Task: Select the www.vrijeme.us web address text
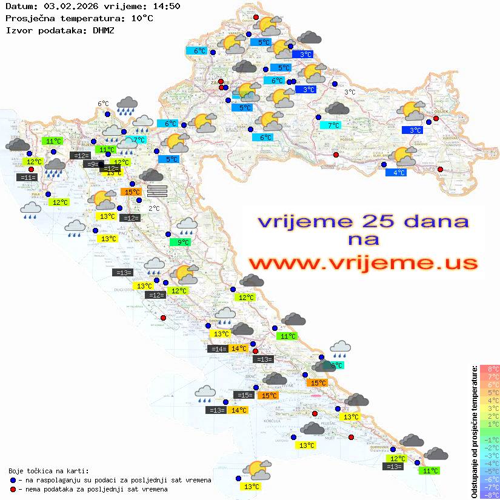click(x=363, y=263)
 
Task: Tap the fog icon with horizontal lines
click(x=157, y=192)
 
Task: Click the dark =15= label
click(x=244, y=395)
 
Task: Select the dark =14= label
click(x=217, y=348)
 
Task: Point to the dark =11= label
click(x=27, y=178)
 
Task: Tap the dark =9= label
click(x=93, y=164)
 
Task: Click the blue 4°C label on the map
click(x=396, y=173)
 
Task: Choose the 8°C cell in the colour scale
click(x=489, y=369)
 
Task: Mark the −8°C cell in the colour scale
click(x=489, y=495)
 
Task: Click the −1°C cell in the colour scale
click(x=489, y=440)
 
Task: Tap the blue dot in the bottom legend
click(x=13, y=480)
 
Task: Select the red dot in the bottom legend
click(x=13, y=489)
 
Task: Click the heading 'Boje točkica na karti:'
click(x=48, y=471)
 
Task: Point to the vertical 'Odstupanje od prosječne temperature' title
click(x=474, y=432)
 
